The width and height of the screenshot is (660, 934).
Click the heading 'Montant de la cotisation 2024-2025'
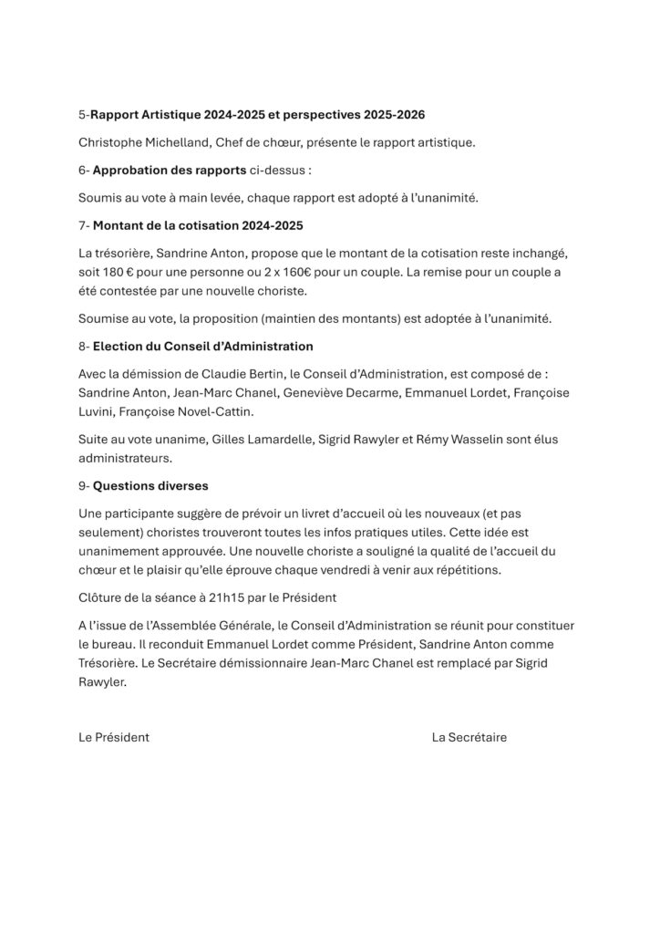pyautogui.click(x=198, y=224)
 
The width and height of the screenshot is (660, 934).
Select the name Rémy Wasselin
pyautogui.click(x=467, y=440)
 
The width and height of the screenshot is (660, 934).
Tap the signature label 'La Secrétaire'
pyautogui.click(x=469, y=737)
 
